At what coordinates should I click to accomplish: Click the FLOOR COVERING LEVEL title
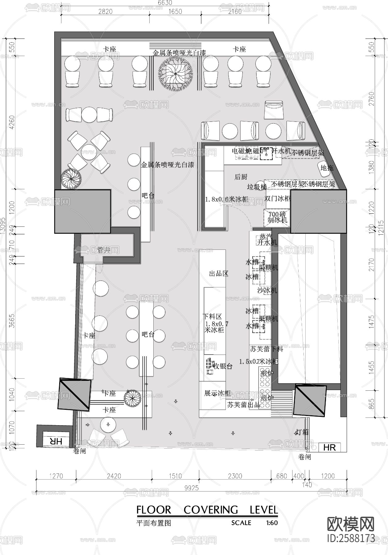click(x=207, y=510)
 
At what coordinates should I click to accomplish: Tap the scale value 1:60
click(x=271, y=523)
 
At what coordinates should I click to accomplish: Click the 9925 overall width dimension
click(x=191, y=488)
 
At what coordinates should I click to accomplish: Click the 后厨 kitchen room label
click(x=241, y=177)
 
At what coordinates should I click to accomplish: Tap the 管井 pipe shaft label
click(x=104, y=250)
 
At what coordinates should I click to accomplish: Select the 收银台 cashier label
click(x=223, y=366)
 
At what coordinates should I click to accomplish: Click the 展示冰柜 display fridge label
click(x=217, y=393)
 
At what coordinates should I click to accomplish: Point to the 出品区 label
click(x=218, y=273)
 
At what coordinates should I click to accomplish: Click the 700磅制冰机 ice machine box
click(x=277, y=217)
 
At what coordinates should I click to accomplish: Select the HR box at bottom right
click(x=329, y=447)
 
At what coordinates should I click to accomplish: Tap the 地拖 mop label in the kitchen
click(x=327, y=168)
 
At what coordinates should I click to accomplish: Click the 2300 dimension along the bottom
click(x=235, y=476)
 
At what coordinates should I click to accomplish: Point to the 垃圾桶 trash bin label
click(x=257, y=187)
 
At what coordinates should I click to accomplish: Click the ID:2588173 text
click(x=351, y=538)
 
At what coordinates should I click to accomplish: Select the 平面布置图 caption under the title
click(x=153, y=523)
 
